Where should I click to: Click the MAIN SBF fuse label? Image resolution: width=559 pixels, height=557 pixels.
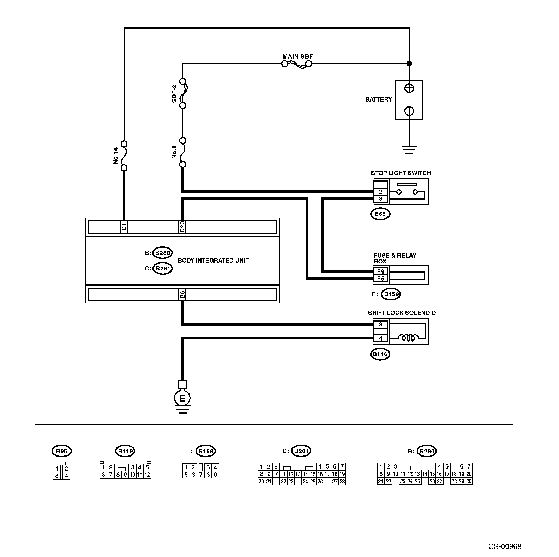pos(297,56)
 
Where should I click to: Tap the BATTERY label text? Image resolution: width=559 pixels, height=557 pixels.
pos(378,99)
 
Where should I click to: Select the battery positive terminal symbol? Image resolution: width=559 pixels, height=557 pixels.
pos(409,88)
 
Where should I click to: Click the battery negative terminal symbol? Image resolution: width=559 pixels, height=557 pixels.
pos(409,111)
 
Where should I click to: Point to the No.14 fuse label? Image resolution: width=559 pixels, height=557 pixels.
pos(115,156)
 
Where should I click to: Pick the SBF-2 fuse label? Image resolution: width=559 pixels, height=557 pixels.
pos(174,93)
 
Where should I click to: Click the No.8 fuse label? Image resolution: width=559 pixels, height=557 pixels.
pos(174,152)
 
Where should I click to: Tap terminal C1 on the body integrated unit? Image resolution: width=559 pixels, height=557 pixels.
pos(124,227)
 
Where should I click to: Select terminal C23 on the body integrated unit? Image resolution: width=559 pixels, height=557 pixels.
pos(182,227)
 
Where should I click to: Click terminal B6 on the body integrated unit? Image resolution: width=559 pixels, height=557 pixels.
pos(182,294)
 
